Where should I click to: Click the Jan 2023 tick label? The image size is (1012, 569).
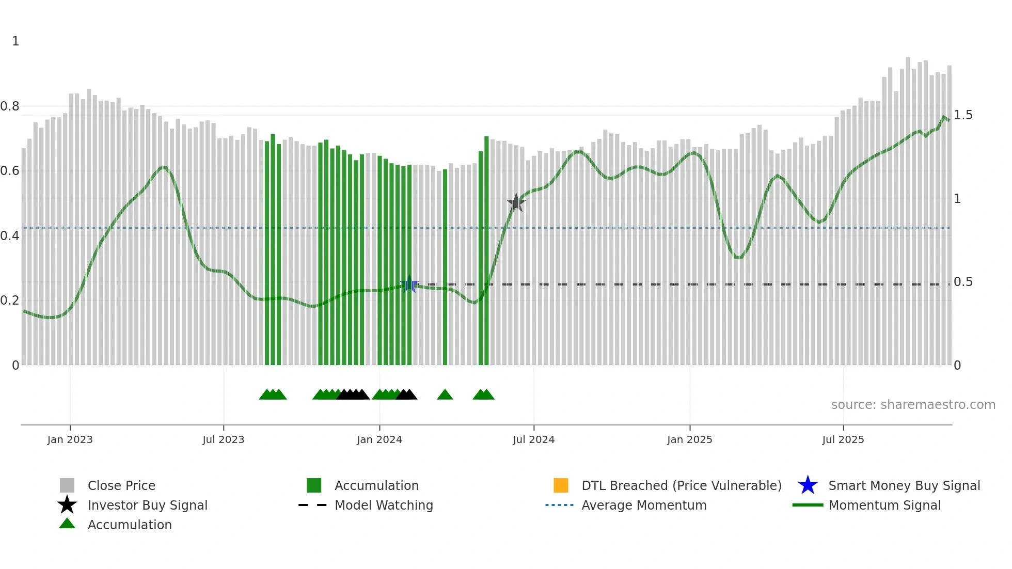[x=70, y=439]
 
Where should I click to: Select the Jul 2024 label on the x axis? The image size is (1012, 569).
[x=533, y=439]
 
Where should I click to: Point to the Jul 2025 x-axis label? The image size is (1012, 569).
[x=843, y=439]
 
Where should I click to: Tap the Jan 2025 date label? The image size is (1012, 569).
[x=689, y=439]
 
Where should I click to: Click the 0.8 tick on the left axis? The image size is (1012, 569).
[x=10, y=106]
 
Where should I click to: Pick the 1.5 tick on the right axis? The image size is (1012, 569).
[x=963, y=115]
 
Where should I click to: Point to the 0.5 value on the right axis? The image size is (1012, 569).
[x=963, y=282]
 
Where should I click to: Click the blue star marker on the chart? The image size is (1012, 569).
[x=409, y=284]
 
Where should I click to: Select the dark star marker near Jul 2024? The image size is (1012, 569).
[x=516, y=202]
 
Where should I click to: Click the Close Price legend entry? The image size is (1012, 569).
[x=121, y=485]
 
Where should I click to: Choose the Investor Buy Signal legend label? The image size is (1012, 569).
[x=148, y=505]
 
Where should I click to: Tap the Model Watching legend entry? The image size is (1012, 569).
[x=384, y=505]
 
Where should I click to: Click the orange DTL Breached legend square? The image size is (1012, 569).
[x=561, y=485]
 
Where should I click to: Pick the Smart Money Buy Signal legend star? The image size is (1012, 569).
[x=808, y=485]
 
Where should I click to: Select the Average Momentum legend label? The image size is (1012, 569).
[x=644, y=505]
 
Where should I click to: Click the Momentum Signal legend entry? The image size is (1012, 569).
[x=884, y=505]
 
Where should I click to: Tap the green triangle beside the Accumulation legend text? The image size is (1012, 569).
[x=67, y=524]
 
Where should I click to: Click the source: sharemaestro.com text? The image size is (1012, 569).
[x=913, y=405]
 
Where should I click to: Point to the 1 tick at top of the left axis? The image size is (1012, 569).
[x=15, y=41]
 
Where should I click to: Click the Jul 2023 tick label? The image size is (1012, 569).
[x=223, y=439]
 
